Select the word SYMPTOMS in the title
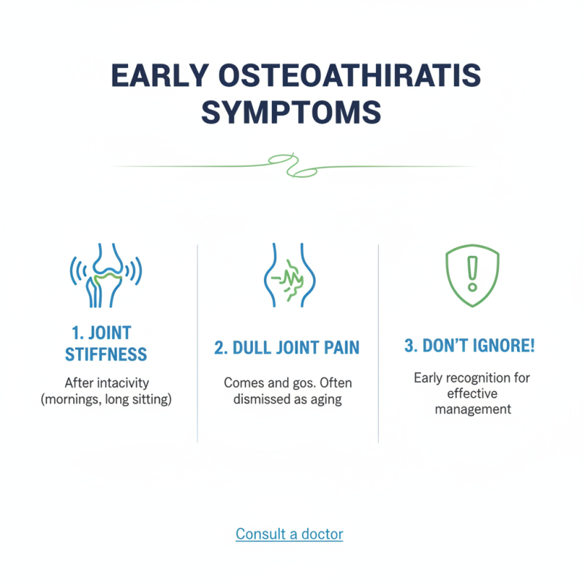(x=292, y=113)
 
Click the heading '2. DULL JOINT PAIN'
(x=287, y=347)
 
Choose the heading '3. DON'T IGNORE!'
(x=469, y=346)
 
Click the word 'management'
(x=472, y=409)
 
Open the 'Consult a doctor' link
(x=289, y=535)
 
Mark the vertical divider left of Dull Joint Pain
(x=197, y=344)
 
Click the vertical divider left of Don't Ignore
(x=378, y=344)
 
